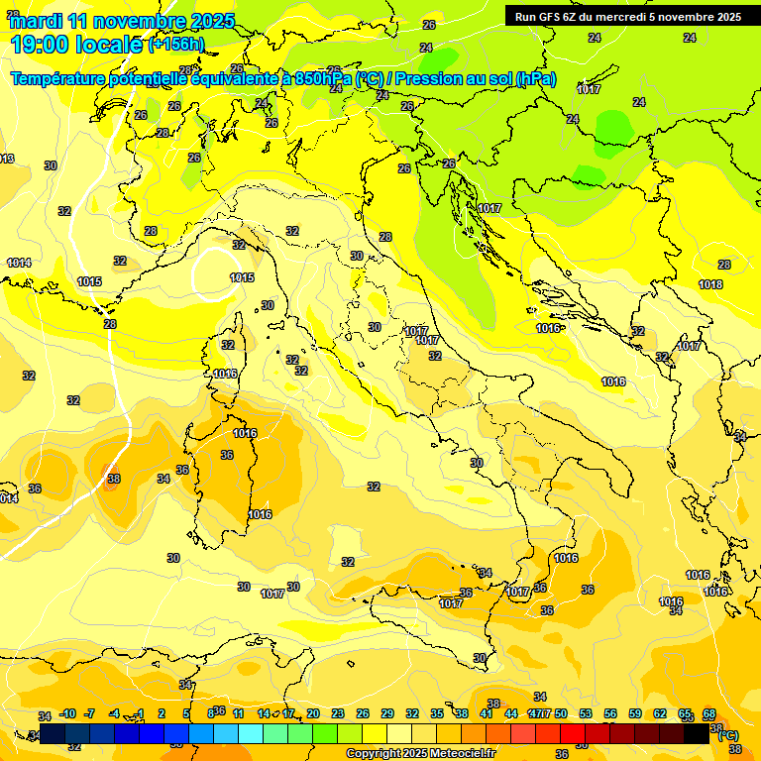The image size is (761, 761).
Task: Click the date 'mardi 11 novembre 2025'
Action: coord(122,21)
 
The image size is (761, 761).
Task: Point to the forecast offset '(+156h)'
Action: coord(176,45)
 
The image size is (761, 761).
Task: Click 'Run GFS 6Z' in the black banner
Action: coord(551,17)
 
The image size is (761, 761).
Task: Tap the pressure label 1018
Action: coord(710,284)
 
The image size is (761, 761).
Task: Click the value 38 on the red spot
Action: coord(113,479)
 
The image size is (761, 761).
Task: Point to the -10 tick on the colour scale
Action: coord(67,714)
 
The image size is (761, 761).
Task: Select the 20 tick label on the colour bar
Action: coord(313,714)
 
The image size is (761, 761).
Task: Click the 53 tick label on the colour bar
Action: coord(586,714)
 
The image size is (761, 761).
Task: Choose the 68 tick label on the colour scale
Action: coord(709,714)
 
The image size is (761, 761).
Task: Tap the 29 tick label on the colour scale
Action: coord(387,714)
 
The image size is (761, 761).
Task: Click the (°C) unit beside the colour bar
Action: coord(727,735)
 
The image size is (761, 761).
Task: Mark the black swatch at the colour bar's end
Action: coord(697,733)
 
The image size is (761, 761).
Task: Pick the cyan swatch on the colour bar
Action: coord(251,733)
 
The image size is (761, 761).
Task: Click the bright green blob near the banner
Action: coord(613,127)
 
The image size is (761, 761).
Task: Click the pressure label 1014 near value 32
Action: coord(19,263)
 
